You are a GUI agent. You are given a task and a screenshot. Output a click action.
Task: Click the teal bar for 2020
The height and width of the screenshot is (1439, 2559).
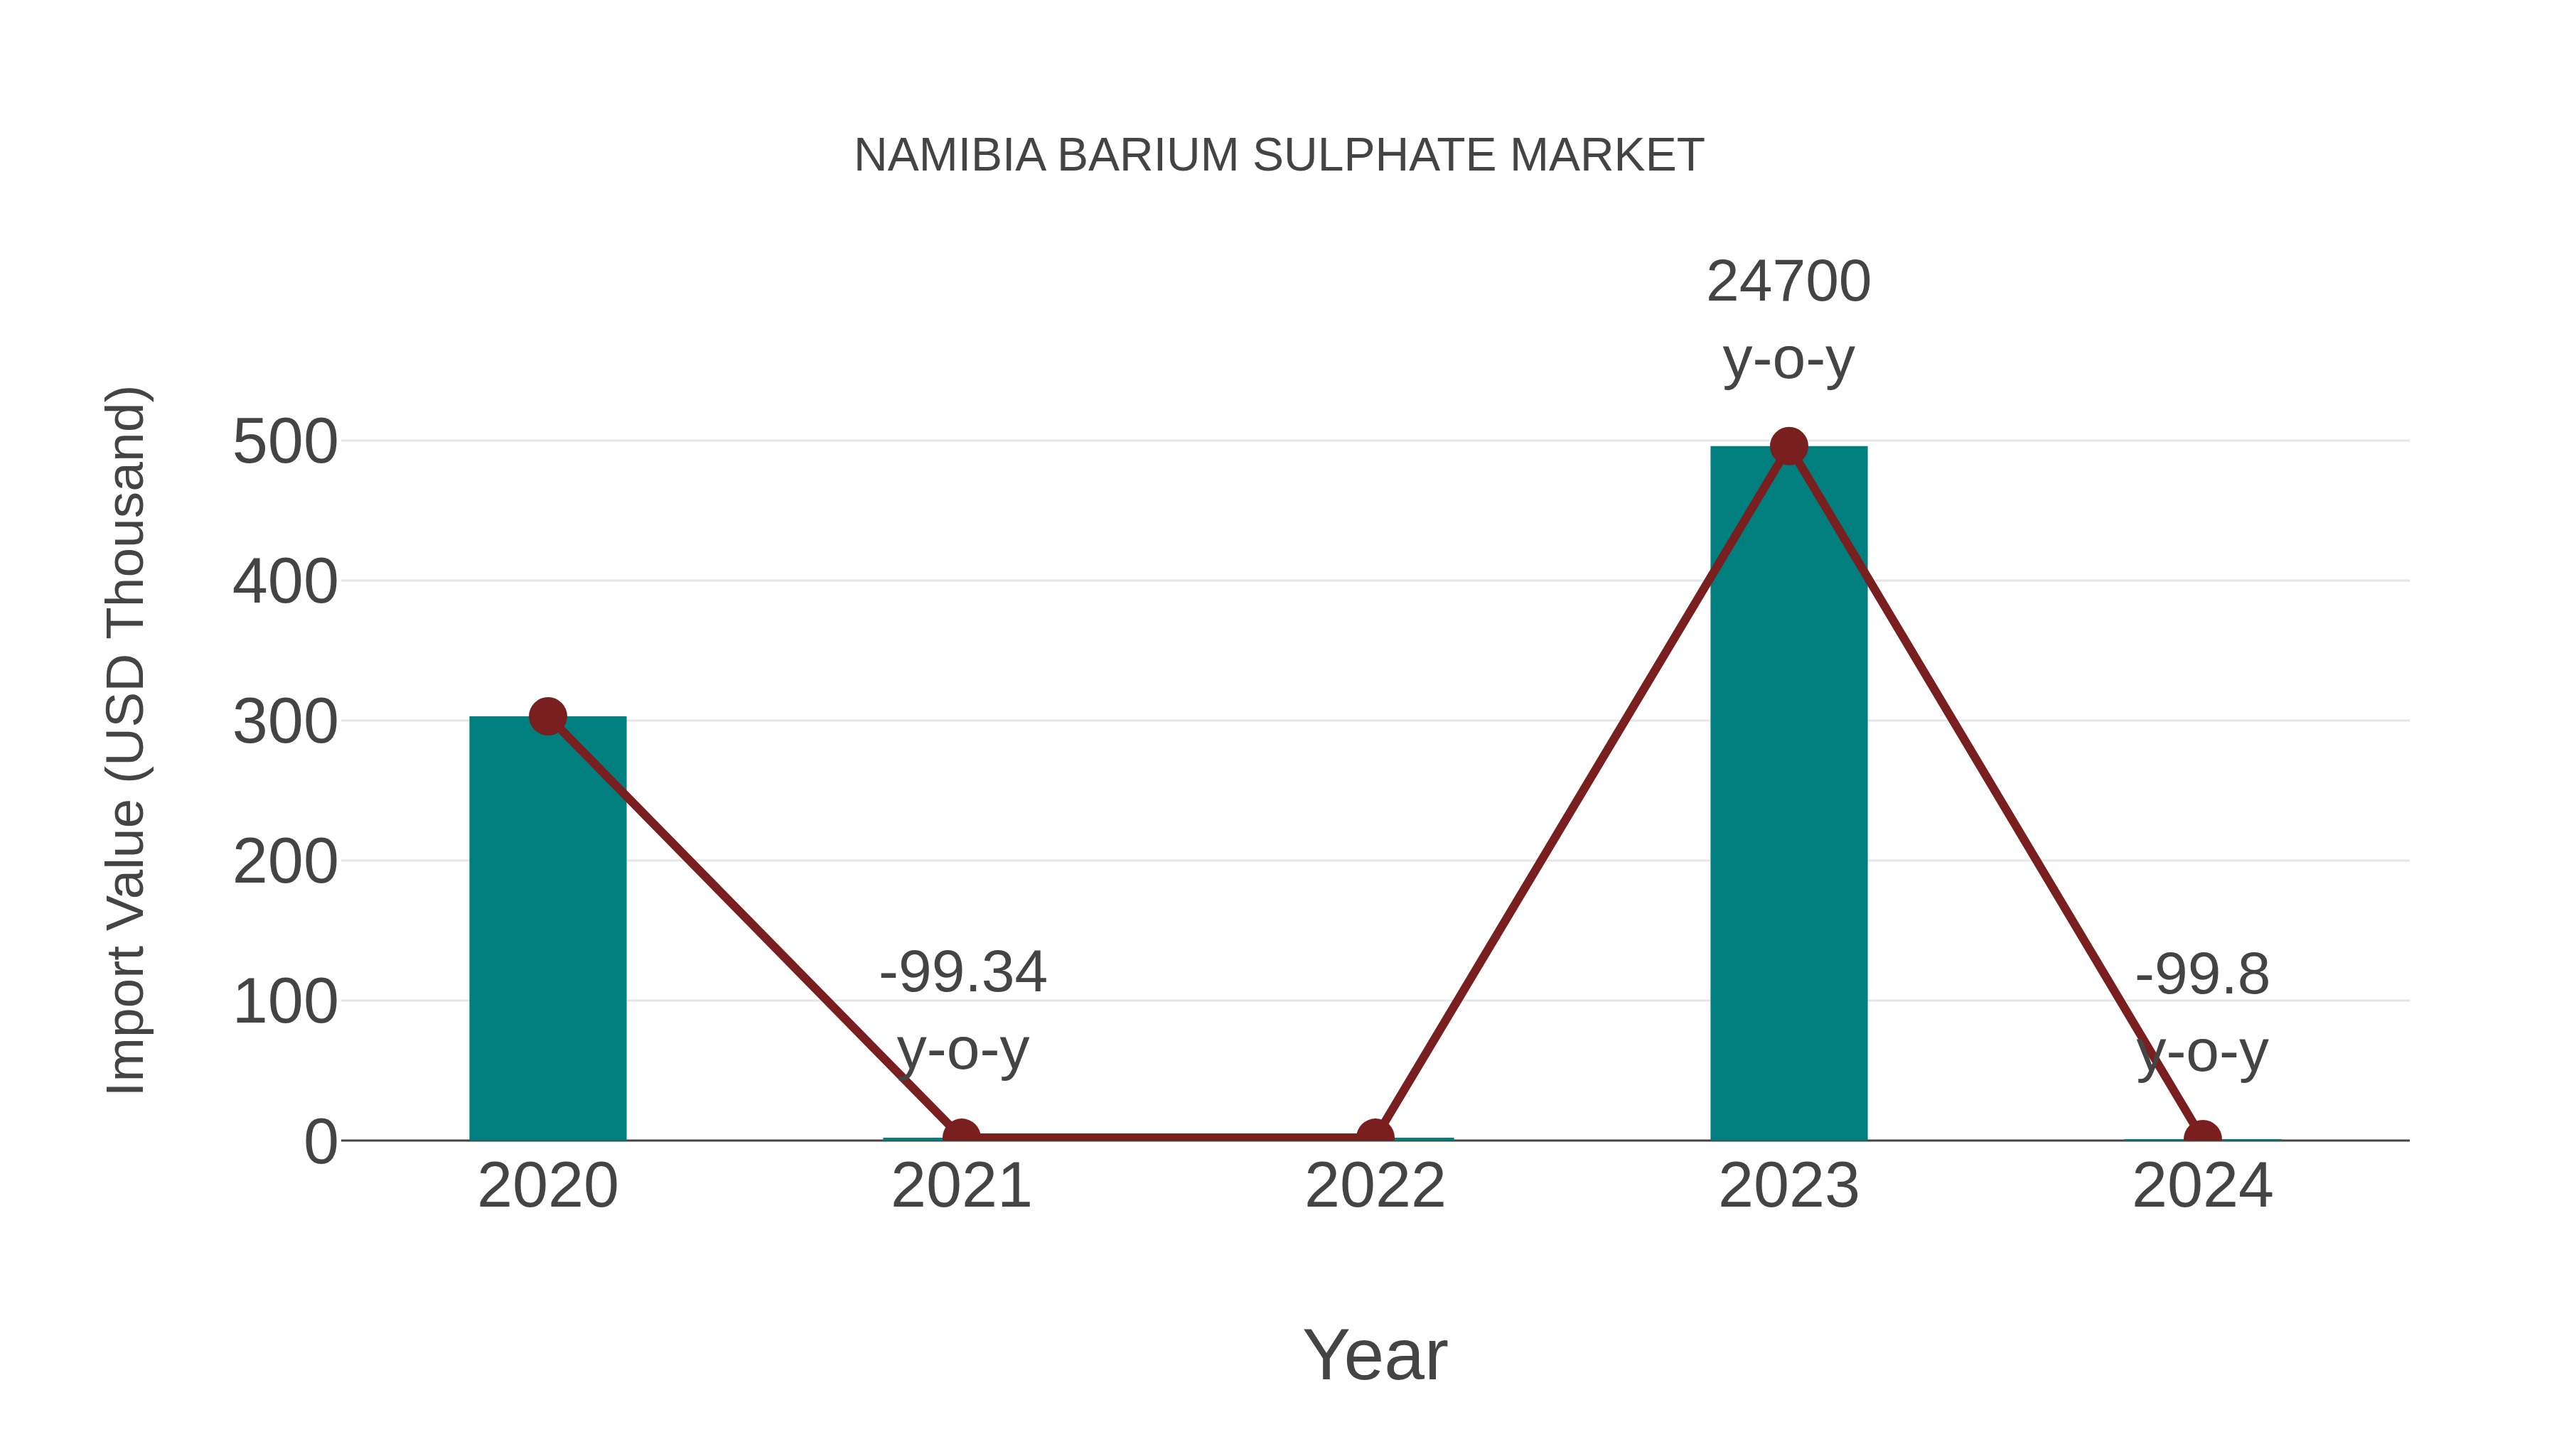(x=547, y=929)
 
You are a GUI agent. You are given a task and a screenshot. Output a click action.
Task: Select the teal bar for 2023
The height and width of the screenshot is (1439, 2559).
(x=1788, y=794)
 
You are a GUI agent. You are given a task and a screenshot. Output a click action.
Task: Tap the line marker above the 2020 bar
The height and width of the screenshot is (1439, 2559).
(x=547, y=716)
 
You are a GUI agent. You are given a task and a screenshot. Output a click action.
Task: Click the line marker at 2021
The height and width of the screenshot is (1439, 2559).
(x=960, y=1137)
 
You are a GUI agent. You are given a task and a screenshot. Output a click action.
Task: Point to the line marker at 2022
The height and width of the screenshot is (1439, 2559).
(x=1375, y=1137)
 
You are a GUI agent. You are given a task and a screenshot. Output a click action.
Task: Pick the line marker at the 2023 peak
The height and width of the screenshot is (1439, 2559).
(x=1788, y=447)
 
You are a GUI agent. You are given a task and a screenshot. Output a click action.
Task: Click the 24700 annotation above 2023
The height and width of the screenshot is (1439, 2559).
(x=1788, y=282)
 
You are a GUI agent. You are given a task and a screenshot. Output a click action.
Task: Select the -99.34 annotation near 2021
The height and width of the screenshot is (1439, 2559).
(x=962, y=972)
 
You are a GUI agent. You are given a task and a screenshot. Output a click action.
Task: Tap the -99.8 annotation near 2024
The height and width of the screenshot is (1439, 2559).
(x=2201, y=974)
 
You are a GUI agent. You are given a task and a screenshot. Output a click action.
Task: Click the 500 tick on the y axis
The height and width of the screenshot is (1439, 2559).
(x=285, y=443)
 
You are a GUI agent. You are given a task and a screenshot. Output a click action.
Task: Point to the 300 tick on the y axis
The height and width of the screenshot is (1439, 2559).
(x=285, y=723)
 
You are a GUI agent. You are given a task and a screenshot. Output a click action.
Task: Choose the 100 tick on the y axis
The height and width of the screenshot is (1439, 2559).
(x=285, y=1003)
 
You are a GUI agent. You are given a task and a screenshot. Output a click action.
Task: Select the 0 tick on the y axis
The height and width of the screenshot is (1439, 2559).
(x=320, y=1142)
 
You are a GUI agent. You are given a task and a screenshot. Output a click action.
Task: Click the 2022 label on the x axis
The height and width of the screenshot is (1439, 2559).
(x=1375, y=1187)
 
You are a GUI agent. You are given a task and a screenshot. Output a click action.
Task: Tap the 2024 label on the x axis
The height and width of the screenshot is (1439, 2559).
(x=2201, y=1187)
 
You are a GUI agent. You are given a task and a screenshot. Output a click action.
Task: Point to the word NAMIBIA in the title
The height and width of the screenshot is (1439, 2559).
(x=950, y=156)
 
